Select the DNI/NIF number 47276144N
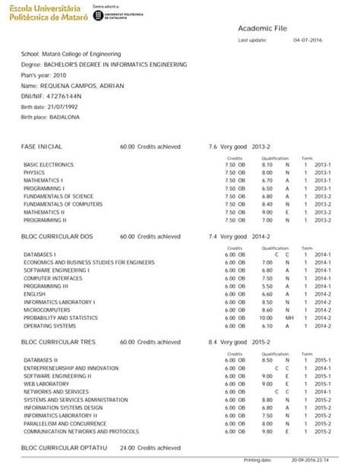(x=65, y=96)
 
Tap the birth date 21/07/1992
(x=60, y=107)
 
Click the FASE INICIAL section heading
(x=43, y=146)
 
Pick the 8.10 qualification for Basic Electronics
(x=267, y=164)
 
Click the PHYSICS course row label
(x=34, y=172)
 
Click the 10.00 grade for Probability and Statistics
(x=266, y=318)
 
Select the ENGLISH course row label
(x=35, y=293)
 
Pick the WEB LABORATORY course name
(x=46, y=384)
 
